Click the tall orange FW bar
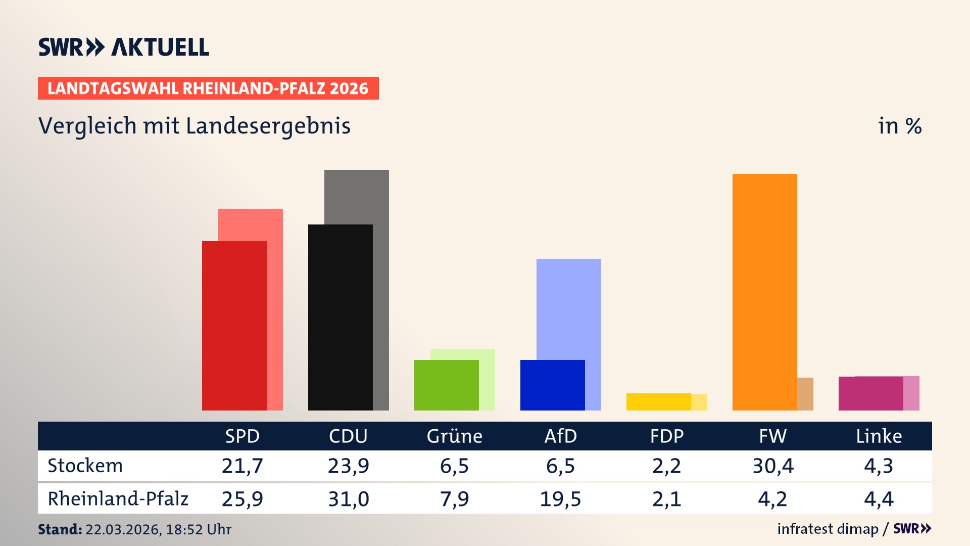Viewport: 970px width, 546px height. point(764,292)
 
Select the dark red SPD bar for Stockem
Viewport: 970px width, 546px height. point(234,326)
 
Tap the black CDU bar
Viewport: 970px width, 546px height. point(340,317)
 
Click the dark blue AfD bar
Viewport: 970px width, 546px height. point(552,385)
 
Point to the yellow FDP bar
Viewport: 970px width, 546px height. point(658,402)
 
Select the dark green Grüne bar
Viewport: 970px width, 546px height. point(446,385)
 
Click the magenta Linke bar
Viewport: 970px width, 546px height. point(870,393)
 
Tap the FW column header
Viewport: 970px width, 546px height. point(772,436)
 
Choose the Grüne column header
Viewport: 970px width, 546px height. point(454,436)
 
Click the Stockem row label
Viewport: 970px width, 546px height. point(85,466)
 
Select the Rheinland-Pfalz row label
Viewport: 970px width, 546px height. point(118,498)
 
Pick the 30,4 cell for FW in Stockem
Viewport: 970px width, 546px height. point(772,466)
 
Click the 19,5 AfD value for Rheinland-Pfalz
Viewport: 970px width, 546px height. point(560,499)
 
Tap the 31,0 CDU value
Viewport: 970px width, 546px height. point(348,499)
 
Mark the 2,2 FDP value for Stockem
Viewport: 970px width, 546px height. point(666,466)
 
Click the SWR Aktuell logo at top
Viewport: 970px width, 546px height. point(123,47)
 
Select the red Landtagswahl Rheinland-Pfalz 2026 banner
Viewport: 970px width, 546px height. point(208,88)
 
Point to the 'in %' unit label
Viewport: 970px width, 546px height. point(899,126)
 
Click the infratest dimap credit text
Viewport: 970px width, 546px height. point(827,529)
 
